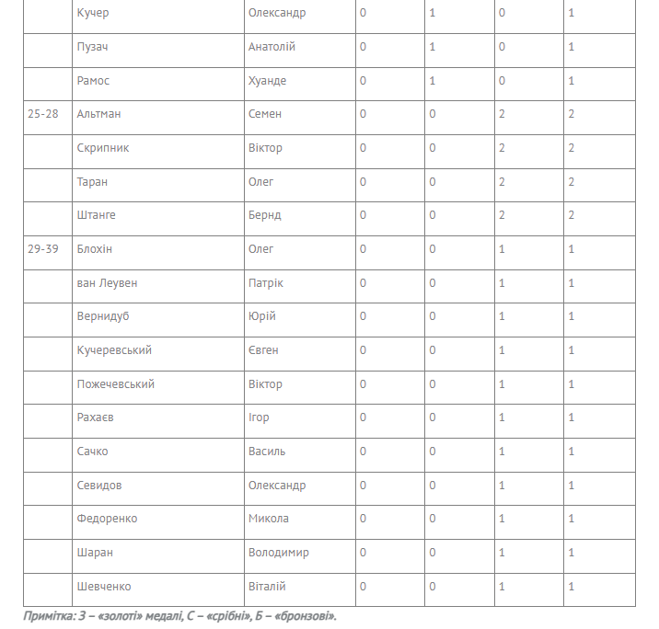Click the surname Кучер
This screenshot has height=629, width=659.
[93, 13]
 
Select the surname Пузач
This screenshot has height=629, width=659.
[93, 47]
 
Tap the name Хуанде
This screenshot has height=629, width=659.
[267, 81]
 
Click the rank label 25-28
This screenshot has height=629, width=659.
[43, 114]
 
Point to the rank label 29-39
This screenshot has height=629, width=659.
[43, 249]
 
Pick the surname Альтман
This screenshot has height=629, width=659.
[99, 114]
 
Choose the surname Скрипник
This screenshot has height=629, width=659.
[103, 148]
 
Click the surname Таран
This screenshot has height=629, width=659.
[93, 182]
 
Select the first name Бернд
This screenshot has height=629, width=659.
[265, 215]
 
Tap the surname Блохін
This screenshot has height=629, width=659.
[95, 249]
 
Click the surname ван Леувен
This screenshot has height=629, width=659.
[108, 283]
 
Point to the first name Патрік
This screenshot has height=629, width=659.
[266, 283]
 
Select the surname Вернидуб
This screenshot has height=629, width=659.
[103, 316]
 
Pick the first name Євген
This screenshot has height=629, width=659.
[263, 350]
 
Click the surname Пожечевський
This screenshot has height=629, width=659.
[116, 384]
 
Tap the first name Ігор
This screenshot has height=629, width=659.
[259, 417]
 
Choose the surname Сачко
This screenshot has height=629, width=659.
[93, 452]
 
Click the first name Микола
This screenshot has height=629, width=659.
[269, 519]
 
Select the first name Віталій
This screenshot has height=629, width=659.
[267, 587]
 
